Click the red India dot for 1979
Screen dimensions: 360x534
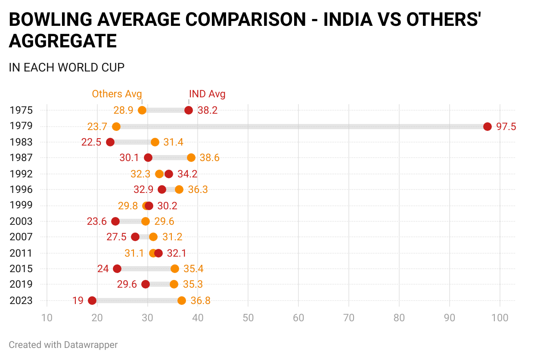[x=487, y=127]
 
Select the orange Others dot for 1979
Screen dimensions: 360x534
[x=116, y=127]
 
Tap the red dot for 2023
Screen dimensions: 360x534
[x=92, y=301]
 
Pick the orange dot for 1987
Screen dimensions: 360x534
[x=191, y=158]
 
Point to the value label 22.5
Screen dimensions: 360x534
[x=91, y=142]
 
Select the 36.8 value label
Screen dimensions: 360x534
[x=200, y=301]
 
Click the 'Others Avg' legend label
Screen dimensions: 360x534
[x=117, y=94]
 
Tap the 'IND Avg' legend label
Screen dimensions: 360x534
[x=207, y=94]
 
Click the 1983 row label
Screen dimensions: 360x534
[x=21, y=142]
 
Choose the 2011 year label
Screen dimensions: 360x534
[x=21, y=253]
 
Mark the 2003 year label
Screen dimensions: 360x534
[x=21, y=221]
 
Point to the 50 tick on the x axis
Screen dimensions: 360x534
[x=248, y=318]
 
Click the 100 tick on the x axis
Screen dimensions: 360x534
[x=500, y=318]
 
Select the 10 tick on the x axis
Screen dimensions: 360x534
[x=47, y=318]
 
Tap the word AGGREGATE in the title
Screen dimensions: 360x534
[x=63, y=41]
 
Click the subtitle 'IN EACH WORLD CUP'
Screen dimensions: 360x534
[x=66, y=67]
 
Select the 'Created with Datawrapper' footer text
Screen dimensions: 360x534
[x=63, y=344]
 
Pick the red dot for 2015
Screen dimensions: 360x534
[x=117, y=269]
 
